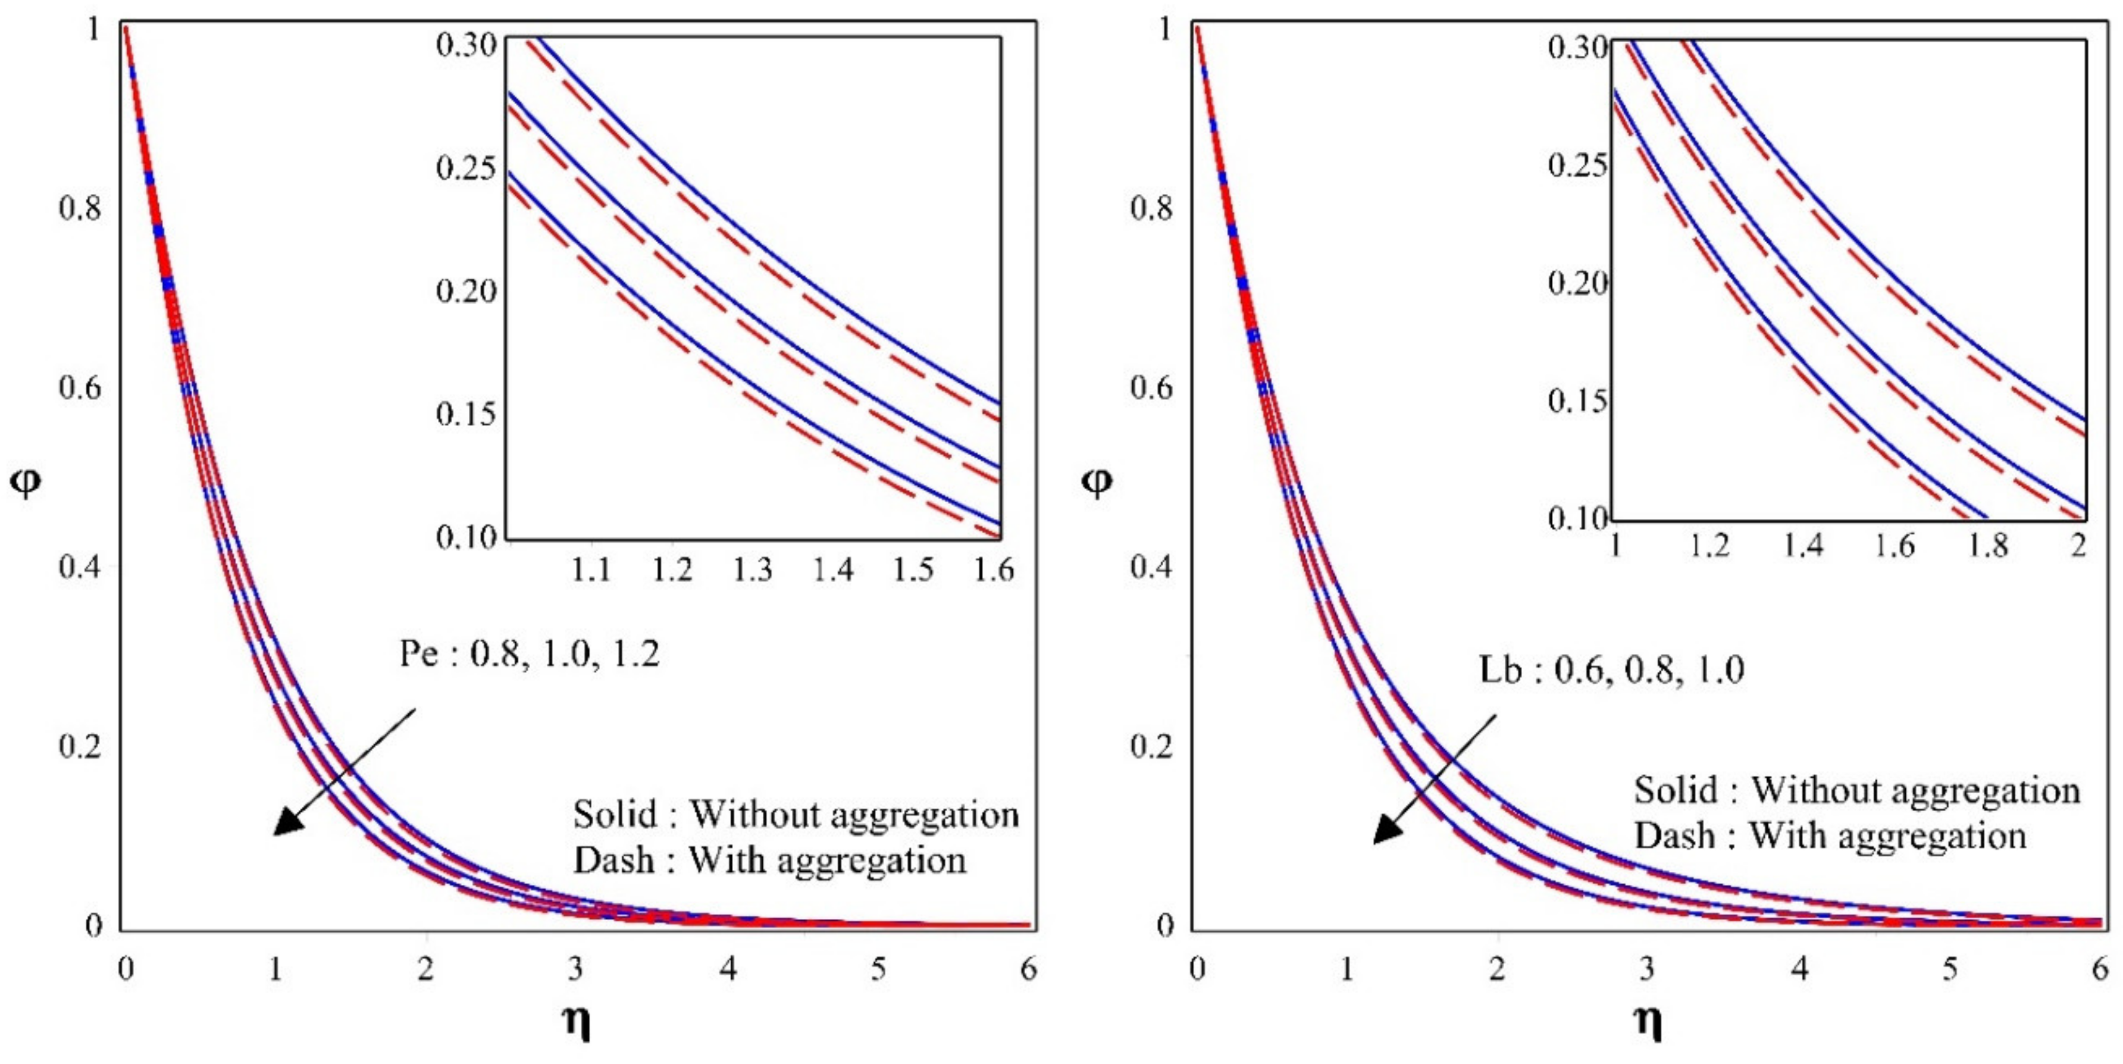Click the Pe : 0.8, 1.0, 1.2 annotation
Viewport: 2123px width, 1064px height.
coord(529,655)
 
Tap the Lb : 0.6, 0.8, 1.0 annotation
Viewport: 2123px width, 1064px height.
coord(1611,670)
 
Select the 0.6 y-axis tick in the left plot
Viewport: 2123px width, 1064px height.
coord(80,387)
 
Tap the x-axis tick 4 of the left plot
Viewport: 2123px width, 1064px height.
coord(728,969)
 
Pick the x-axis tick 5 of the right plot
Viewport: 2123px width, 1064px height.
coord(1950,969)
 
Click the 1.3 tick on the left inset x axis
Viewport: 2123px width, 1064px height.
coord(753,569)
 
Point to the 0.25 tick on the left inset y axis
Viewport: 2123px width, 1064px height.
coord(466,168)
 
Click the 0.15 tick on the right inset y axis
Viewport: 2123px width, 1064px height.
coord(1577,401)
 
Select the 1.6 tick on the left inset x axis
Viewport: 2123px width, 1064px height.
coord(994,569)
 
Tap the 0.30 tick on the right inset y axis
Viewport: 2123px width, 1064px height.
coord(1577,48)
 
